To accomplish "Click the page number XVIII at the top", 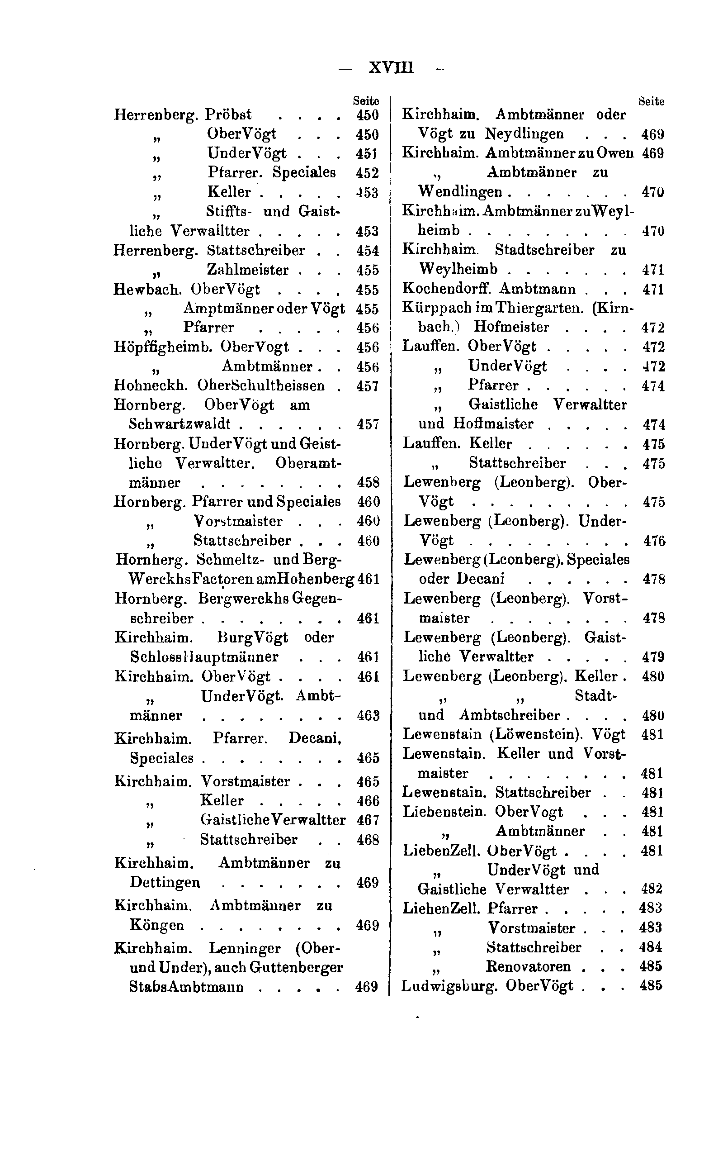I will (391, 67).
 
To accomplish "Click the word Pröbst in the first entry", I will (228, 114).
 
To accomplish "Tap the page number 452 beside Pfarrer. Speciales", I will (367, 173).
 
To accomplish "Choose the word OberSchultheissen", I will (261, 385).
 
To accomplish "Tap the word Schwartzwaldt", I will (180, 424).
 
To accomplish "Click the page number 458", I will (368, 482).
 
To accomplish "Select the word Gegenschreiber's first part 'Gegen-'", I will (317, 598).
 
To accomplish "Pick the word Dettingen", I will (165, 882).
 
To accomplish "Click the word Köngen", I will (156, 925).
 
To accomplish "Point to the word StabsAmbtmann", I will (186, 987).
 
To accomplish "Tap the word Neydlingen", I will (524, 134).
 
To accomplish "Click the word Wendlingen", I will (460, 192).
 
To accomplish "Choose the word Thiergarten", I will (539, 308).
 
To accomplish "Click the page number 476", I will (654, 541).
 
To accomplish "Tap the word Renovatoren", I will (528, 966).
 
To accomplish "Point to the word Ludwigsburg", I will (449, 986).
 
